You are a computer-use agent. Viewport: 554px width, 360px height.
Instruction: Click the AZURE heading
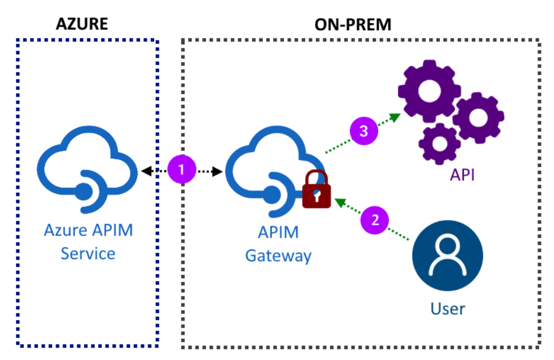pyautogui.click(x=82, y=24)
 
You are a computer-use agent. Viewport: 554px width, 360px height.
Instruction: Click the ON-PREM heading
pyautogui.click(x=353, y=24)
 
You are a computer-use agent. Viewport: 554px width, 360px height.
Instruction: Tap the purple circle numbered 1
pyautogui.click(x=181, y=170)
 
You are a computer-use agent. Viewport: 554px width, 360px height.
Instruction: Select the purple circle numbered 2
pyautogui.click(x=375, y=219)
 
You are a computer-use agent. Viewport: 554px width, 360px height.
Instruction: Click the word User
pyautogui.click(x=447, y=309)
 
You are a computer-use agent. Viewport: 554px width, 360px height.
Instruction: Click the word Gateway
pyautogui.click(x=278, y=256)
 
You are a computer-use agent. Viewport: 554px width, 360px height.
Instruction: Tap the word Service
pyautogui.click(x=88, y=253)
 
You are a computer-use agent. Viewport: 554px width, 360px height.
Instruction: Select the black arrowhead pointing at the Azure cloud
pyautogui.click(x=145, y=170)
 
